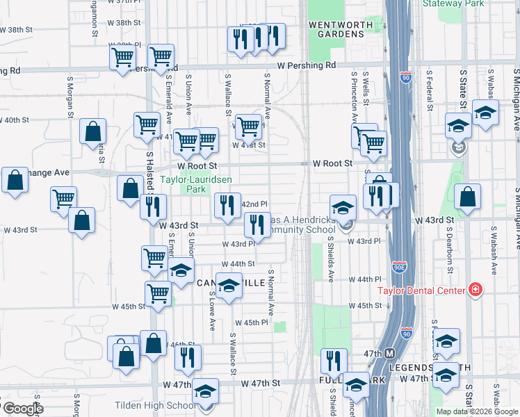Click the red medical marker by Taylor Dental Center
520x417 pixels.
tap(476, 289)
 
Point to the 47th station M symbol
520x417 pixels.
tap(389, 353)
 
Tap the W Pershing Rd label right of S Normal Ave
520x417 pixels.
tap(306, 65)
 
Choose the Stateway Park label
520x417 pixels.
tap(452, 3)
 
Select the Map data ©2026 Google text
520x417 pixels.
tap(477, 411)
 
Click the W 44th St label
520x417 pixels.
tap(238, 264)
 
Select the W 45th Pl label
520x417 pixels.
tap(251, 323)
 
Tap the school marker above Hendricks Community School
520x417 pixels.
tap(343, 207)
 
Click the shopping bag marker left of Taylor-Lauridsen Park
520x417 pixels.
tap(131, 188)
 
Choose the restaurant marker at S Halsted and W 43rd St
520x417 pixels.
tap(153, 206)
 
